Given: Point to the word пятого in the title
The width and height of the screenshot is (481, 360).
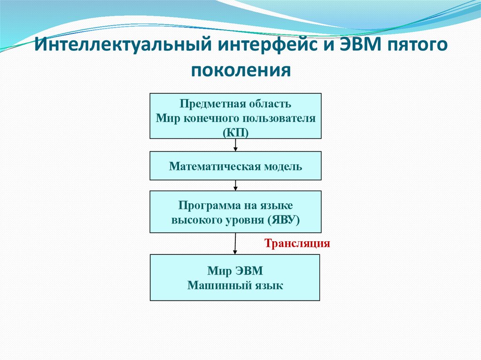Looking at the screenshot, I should (x=417, y=47).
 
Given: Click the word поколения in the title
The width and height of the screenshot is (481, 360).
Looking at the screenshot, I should (x=241, y=71).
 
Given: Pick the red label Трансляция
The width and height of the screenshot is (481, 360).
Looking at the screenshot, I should (x=298, y=244).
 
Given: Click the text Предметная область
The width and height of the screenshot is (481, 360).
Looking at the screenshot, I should (x=235, y=103).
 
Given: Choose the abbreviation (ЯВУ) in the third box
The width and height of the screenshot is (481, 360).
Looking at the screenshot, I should (x=284, y=219).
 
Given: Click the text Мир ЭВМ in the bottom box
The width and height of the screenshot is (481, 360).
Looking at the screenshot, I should (x=235, y=271).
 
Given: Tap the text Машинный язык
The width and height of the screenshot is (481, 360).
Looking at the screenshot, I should (x=235, y=285).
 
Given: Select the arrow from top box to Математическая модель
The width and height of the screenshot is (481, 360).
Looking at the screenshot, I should (x=235, y=145).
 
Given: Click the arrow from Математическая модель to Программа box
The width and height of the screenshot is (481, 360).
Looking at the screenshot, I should (x=235, y=185).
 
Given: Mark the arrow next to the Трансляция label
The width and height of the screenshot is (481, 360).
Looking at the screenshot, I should (x=235, y=244).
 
